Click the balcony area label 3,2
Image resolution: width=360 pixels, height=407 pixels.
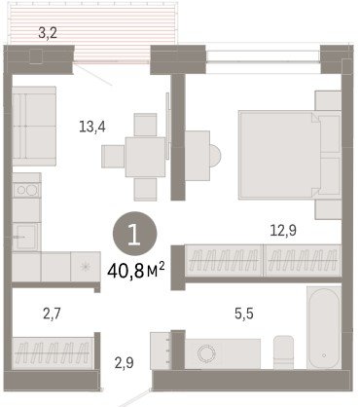pyautogui.click(x=48, y=33)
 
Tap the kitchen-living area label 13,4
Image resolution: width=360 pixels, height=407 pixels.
pyautogui.click(x=92, y=127)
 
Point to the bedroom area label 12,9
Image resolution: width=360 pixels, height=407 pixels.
pyautogui.click(x=283, y=230)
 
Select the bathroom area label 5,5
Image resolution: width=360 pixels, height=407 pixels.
pyautogui.click(x=244, y=314)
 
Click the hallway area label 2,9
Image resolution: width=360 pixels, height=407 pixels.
pyautogui.click(x=125, y=362)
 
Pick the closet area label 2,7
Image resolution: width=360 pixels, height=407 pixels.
pyautogui.click(x=52, y=314)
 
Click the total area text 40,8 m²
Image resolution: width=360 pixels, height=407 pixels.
pyautogui.click(x=136, y=271)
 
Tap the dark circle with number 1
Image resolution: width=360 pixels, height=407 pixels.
pyautogui.click(x=134, y=234)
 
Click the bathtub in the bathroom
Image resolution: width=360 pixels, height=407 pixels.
pyautogui.click(x=324, y=328)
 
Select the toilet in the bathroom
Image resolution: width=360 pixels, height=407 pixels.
pyautogui.click(x=283, y=352)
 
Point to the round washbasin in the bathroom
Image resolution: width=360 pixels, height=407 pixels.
pyautogui.click(x=206, y=353)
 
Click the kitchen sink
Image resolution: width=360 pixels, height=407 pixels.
pyautogui.click(x=25, y=237)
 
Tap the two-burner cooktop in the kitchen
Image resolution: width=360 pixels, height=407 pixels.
pyautogui.click(x=27, y=190)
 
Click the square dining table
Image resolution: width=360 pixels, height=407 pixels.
pyautogui.click(x=146, y=157)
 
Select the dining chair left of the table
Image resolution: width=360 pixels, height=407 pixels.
pyautogui.click(x=113, y=157)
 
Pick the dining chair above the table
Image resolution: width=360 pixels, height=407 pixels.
pyautogui.click(x=146, y=125)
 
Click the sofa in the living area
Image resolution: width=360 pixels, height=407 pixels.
pyautogui.click(x=34, y=127)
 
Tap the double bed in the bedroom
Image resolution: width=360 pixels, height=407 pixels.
pyautogui.click(x=289, y=155)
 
